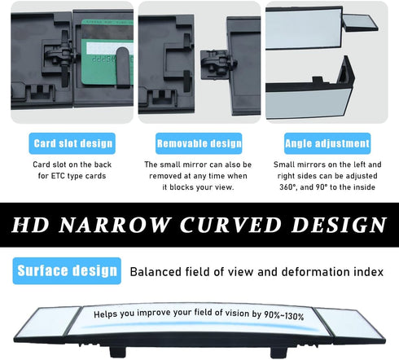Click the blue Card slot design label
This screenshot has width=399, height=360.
point(72,143)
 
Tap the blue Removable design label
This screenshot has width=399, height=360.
point(199,143)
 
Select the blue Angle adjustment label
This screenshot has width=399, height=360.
point(327,143)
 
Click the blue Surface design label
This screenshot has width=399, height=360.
point(67,270)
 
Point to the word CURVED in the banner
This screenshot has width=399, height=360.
point(230,225)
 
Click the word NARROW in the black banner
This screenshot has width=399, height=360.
point(114,225)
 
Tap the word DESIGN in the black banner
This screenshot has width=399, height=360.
point(339,225)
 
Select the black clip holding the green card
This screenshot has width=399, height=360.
point(123,67)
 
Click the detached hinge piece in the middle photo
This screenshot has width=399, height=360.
point(218,64)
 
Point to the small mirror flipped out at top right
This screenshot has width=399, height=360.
point(361,23)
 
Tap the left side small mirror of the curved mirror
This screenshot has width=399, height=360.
point(50,323)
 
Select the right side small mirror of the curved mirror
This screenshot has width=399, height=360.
point(350,324)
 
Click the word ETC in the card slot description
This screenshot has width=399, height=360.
point(57,176)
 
